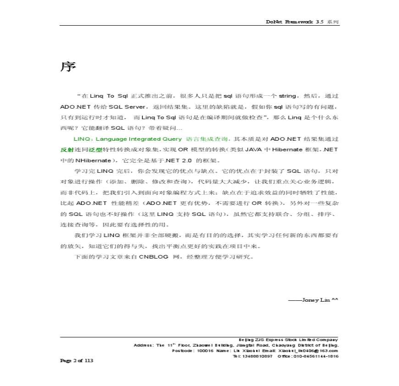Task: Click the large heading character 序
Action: coord(68,67)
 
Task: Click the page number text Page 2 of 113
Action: coord(77,360)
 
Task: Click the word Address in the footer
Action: coord(143,345)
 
